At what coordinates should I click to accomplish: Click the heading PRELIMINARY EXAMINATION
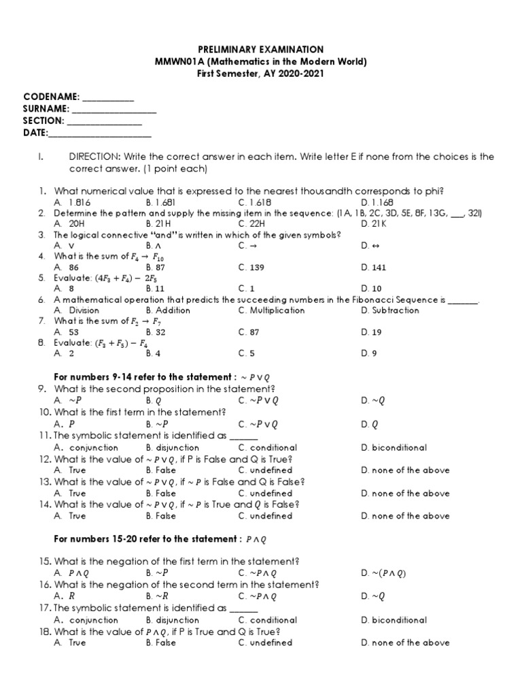coord(260,50)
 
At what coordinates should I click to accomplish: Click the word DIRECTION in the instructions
coord(94,157)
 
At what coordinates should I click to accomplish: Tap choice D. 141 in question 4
coord(374,268)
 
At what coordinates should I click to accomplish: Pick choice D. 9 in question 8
coord(368,353)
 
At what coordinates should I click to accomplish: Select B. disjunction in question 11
coord(173,448)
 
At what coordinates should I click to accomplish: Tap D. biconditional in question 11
coord(394,448)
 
